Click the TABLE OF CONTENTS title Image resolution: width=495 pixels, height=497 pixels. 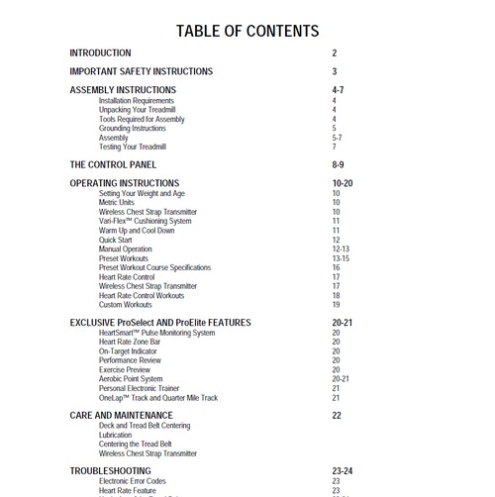[x=247, y=30]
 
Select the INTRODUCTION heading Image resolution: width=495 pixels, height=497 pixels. [x=100, y=52]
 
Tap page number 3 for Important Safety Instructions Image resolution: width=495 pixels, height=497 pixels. [x=335, y=71]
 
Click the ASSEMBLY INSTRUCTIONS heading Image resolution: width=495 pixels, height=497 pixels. [x=123, y=90]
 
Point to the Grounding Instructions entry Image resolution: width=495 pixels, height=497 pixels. [x=133, y=129]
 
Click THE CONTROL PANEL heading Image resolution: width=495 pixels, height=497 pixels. [x=113, y=164]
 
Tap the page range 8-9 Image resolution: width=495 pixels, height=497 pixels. [x=339, y=164]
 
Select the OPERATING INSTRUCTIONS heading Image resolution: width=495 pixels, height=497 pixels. [x=125, y=183]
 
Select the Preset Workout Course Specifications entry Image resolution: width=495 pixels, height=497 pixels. [x=154, y=267]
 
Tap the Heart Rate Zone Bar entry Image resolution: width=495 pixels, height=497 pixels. [x=137, y=342]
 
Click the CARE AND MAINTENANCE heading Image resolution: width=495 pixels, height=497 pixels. [x=121, y=416]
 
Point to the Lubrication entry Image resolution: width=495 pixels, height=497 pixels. [x=115, y=435]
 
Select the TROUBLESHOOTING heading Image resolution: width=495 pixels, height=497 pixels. [x=110, y=470]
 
